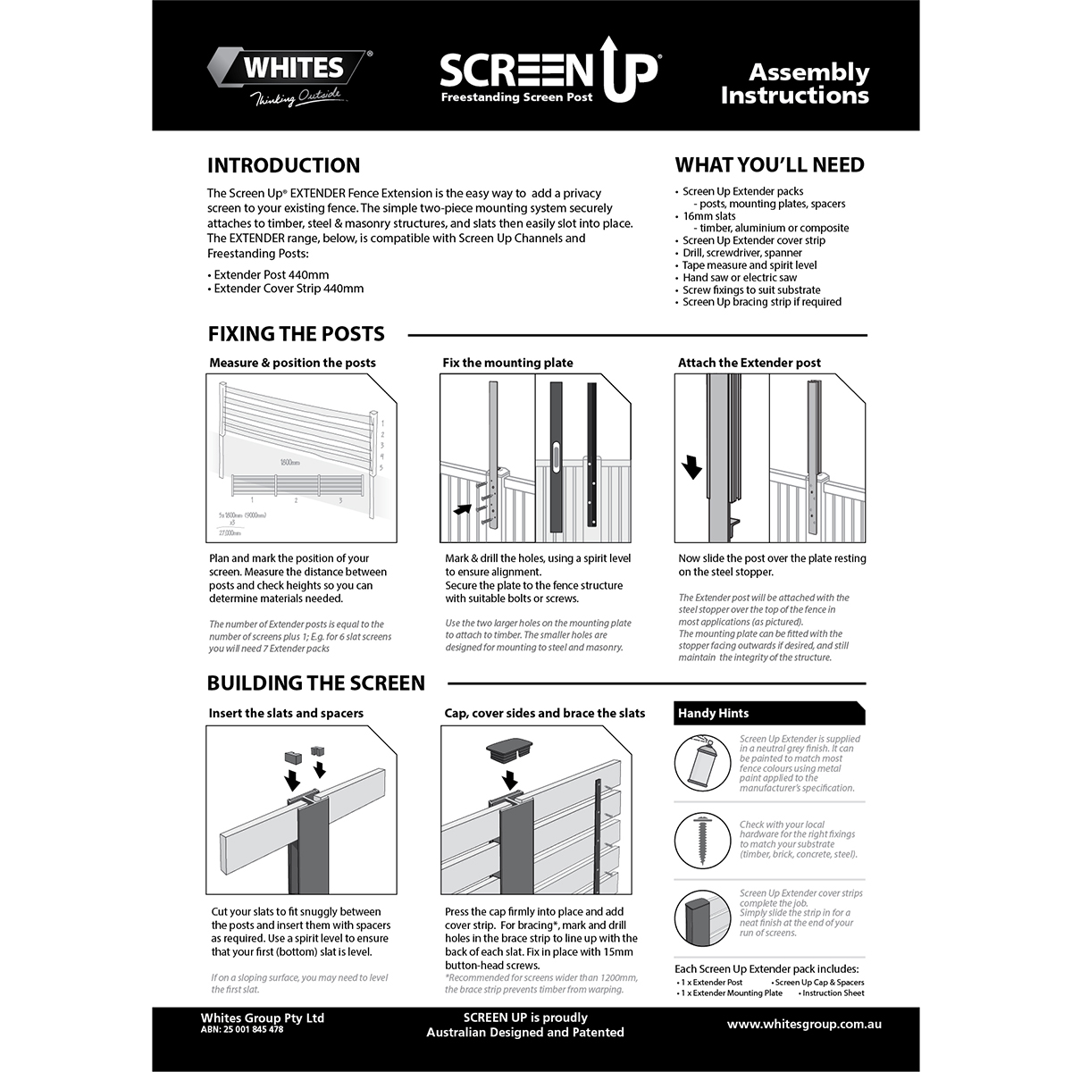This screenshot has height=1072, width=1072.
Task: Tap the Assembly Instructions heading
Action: [x=795, y=83]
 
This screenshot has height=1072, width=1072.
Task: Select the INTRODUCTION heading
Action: [x=283, y=165]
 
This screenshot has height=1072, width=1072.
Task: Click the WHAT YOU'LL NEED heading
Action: [x=769, y=164]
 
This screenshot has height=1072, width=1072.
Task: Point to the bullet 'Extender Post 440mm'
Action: [x=271, y=275]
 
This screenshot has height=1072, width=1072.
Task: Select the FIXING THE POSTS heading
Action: [x=296, y=334]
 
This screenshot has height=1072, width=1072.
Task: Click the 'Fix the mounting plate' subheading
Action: [x=507, y=363]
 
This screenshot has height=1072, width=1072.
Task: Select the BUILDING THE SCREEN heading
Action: [x=315, y=683]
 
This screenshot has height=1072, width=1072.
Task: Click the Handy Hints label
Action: [x=713, y=713]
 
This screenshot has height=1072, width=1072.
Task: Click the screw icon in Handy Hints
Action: [x=703, y=841]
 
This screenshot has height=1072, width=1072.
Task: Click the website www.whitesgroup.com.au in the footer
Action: [x=804, y=1024]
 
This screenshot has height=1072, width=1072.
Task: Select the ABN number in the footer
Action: [x=241, y=1030]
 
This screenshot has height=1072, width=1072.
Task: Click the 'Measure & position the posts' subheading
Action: [x=292, y=363]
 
